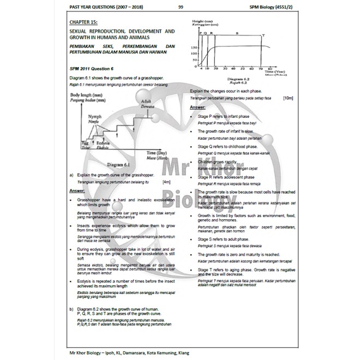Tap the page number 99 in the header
(180, 7)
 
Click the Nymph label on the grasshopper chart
(96, 117)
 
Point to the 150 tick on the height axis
(194, 49)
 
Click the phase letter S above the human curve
(237, 34)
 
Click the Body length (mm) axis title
(87, 95)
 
